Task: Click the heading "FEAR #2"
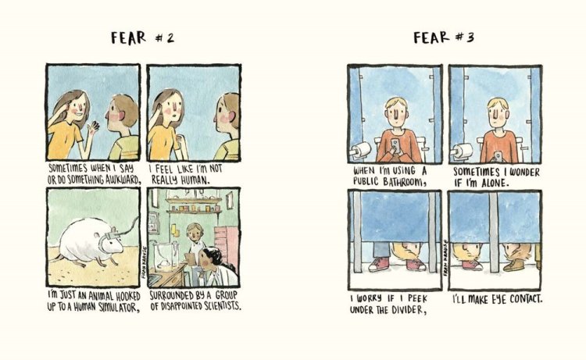click(x=142, y=37)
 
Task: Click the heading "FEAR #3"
click(x=444, y=37)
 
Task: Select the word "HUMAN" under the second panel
click(x=194, y=180)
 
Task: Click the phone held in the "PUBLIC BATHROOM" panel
click(x=395, y=145)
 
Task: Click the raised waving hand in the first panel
click(x=93, y=127)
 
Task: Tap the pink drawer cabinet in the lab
click(x=227, y=244)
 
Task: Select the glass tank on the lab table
click(x=166, y=255)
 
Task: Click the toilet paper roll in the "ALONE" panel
click(x=463, y=151)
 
